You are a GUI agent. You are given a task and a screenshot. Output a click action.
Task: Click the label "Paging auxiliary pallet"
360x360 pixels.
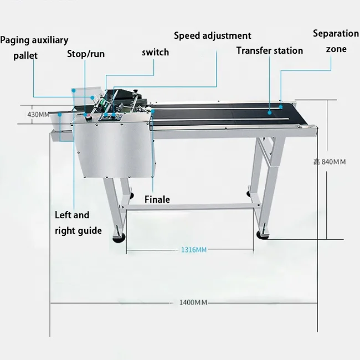point(34,48)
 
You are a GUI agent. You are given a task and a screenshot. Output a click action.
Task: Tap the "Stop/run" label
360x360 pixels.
point(85,54)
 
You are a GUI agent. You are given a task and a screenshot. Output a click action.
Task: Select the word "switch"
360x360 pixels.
point(155,52)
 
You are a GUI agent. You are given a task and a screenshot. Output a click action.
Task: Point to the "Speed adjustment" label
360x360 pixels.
point(213,36)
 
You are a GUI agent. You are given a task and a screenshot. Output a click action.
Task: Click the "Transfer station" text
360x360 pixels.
point(269,50)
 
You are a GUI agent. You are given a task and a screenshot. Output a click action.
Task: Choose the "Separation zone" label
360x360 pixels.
point(336,41)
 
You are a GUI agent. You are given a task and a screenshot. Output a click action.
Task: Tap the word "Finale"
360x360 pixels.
point(157,199)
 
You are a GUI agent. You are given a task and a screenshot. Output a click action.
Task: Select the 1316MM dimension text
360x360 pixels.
point(193,250)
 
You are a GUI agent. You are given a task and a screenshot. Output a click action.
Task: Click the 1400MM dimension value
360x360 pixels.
point(193,302)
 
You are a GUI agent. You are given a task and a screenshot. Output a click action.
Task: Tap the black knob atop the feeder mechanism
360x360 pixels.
point(131,92)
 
